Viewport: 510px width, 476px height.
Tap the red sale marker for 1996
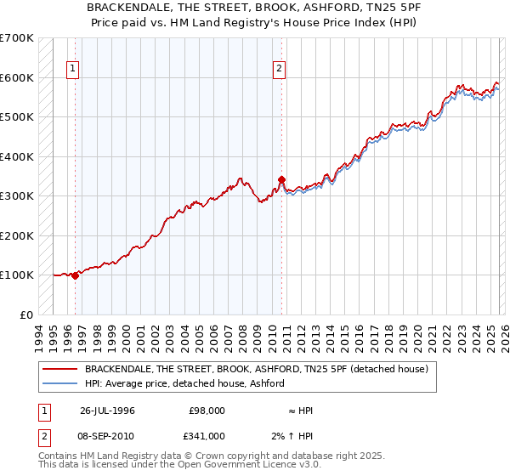[76, 275]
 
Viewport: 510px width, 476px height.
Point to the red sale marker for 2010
[282, 179]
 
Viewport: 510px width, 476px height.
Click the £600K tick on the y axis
[17, 77]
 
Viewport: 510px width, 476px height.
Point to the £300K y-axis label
[17, 196]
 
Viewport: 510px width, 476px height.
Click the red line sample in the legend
[60, 370]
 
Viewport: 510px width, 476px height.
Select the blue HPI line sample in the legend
[60, 384]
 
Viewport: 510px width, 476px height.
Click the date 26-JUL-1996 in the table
[107, 411]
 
